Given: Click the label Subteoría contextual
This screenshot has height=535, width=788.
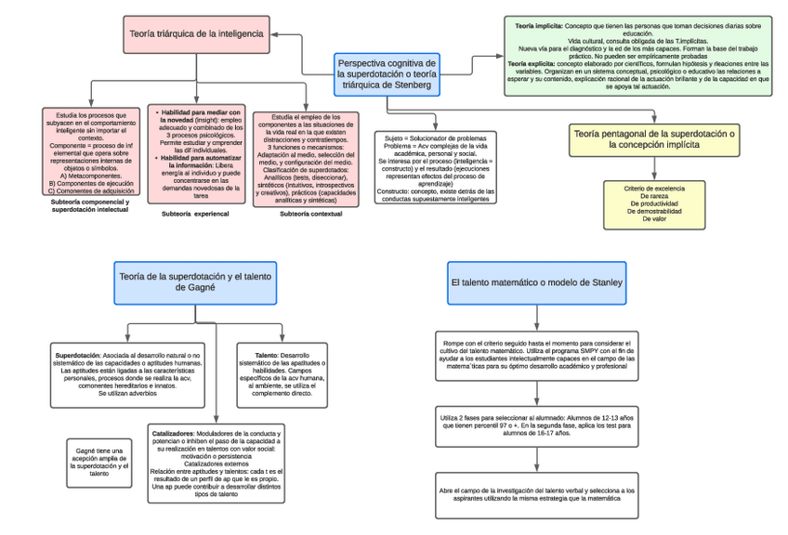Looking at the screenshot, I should tap(310, 214).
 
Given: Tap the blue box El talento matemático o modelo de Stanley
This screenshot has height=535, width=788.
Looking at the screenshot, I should tap(537, 281).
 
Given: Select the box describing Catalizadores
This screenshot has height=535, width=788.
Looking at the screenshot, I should tap(216, 463).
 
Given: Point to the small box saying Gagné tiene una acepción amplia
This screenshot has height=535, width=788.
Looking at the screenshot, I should tap(98, 462).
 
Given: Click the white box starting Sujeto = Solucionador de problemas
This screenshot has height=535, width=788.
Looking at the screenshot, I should tap(436, 167).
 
